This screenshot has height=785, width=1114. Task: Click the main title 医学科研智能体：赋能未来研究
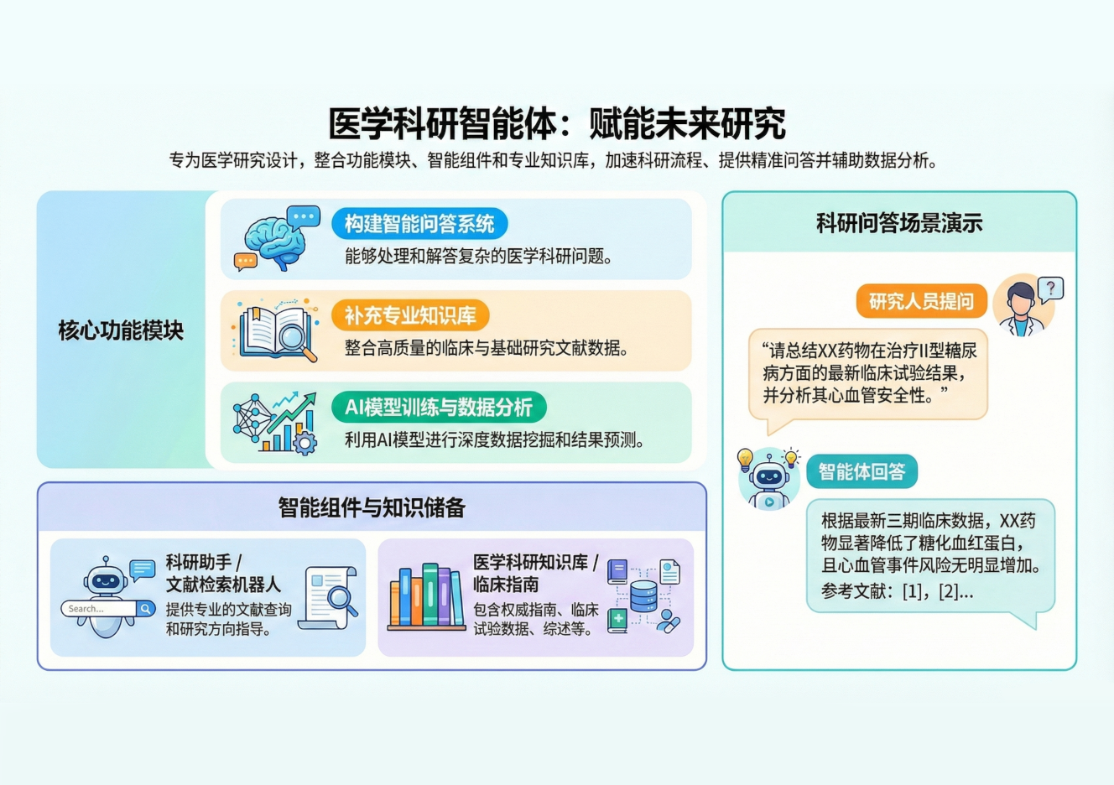coord(556,123)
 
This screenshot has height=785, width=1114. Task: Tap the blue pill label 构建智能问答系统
coord(419,224)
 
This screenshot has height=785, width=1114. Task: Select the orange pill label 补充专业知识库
coord(410,315)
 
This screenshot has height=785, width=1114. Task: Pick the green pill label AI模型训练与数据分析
coord(439,408)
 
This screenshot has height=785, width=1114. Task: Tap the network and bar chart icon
coord(275,423)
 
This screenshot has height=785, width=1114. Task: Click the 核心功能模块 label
coord(121,330)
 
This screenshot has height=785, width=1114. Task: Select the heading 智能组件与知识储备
coord(372,507)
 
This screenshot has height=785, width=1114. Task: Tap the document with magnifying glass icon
coord(330,597)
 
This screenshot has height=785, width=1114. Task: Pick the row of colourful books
coord(427,597)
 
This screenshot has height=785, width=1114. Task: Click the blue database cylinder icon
coord(643,596)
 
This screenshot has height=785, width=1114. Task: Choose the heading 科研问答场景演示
coord(899,223)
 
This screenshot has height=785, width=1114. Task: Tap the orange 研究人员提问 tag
coord(921,301)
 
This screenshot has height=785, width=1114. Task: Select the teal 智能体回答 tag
coord(862,471)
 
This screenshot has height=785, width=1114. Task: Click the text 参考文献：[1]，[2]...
coord(897,591)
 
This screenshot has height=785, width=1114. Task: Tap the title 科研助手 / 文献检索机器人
coord(223,573)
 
